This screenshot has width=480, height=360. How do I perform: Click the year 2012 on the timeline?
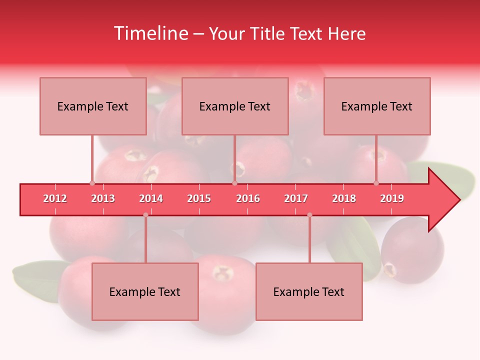coord(55,198)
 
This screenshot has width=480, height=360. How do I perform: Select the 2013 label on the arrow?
coord(103,198)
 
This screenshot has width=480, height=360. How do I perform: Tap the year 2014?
coord(151,198)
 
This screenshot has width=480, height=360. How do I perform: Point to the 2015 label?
coord(199,198)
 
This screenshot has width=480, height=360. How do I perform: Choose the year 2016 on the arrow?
coord(248,198)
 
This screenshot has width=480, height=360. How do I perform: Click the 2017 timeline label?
coord(296,198)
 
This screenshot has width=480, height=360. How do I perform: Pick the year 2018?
coord(344,198)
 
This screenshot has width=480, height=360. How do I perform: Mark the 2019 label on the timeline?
coord(392,198)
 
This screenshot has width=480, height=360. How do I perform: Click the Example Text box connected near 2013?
coord(93,106)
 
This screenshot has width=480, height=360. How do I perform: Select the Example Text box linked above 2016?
coord(235,106)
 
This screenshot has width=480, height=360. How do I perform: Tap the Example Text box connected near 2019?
coord(377,106)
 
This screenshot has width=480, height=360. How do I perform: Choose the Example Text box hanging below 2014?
coord(145,291)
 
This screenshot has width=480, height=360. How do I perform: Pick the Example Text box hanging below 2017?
coord(309,291)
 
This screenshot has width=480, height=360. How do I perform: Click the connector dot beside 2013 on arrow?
coord(92,183)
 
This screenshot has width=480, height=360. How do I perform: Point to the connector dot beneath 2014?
coord(145,215)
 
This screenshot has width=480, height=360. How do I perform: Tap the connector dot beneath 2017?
coord(309,215)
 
